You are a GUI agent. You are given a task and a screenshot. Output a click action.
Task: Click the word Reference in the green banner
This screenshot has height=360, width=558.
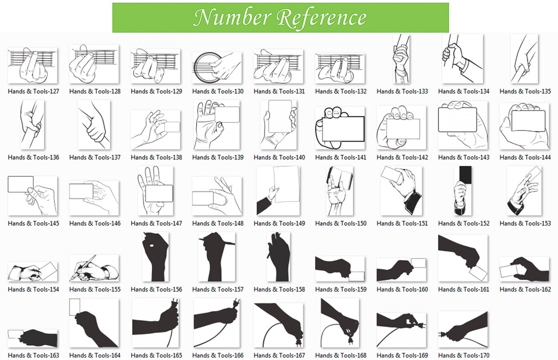point(322,18)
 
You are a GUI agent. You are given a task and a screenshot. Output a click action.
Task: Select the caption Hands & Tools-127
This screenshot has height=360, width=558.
point(33,91)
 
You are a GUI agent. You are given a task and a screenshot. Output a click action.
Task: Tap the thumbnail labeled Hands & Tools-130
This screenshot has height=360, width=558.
point(217,68)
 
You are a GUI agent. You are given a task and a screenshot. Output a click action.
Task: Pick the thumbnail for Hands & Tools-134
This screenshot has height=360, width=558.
point(462,59)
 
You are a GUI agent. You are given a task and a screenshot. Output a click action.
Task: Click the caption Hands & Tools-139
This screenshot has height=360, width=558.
point(218,157)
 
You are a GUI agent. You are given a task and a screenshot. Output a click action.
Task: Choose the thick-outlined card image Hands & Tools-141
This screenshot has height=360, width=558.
point(340,128)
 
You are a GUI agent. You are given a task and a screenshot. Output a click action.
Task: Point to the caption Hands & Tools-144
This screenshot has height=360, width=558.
point(525,157)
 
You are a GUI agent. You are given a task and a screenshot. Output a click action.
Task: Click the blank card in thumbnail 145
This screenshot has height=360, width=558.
point(21,184)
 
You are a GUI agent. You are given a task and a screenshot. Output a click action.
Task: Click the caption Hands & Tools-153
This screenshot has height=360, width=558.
point(525,223)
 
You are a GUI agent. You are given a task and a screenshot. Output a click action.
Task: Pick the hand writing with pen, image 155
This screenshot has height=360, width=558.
point(94,268)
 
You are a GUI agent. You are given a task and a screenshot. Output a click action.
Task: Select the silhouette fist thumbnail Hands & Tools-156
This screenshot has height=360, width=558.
point(156,257)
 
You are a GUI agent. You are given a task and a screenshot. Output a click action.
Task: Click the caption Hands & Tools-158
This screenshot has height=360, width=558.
point(279,289)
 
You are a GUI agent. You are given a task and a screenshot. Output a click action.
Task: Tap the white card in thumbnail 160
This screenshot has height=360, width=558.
point(418,263)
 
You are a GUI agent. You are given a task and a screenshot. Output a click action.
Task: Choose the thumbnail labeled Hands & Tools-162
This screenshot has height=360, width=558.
point(525,269)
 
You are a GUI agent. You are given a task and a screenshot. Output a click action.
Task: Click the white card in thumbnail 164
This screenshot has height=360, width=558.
point(75,307)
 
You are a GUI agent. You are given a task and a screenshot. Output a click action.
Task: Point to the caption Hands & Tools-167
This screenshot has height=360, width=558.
point(279,355)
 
